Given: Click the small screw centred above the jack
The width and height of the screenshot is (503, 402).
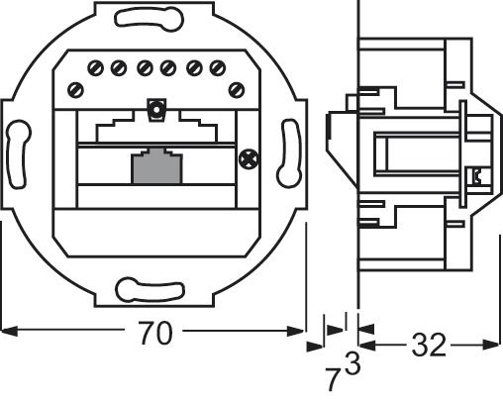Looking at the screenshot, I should (153, 109).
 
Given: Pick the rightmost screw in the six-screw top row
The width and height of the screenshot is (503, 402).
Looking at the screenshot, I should (213, 68).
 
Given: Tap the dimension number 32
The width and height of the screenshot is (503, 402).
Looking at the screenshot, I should (428, 346).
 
